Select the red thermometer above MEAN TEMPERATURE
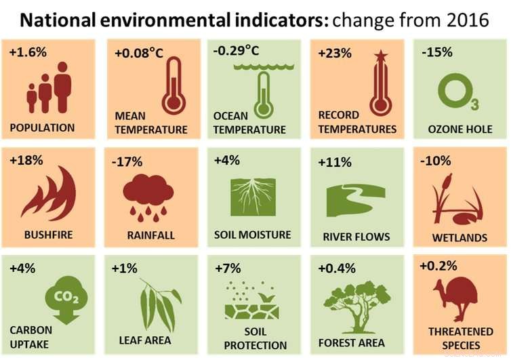click(x=173, y=86)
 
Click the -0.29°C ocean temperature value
click(x=236, y=51)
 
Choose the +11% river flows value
click(x=335, y=162)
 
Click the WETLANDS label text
click(x=459, y=238)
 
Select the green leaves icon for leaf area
click(x=159, y=303)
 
